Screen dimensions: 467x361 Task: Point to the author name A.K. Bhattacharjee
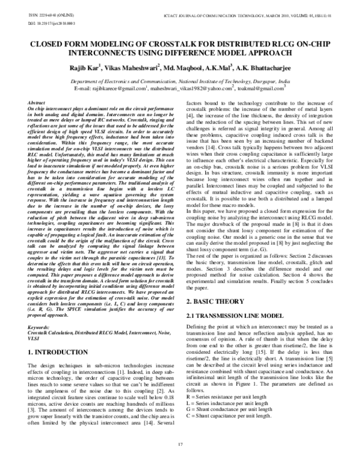(253, 68)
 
